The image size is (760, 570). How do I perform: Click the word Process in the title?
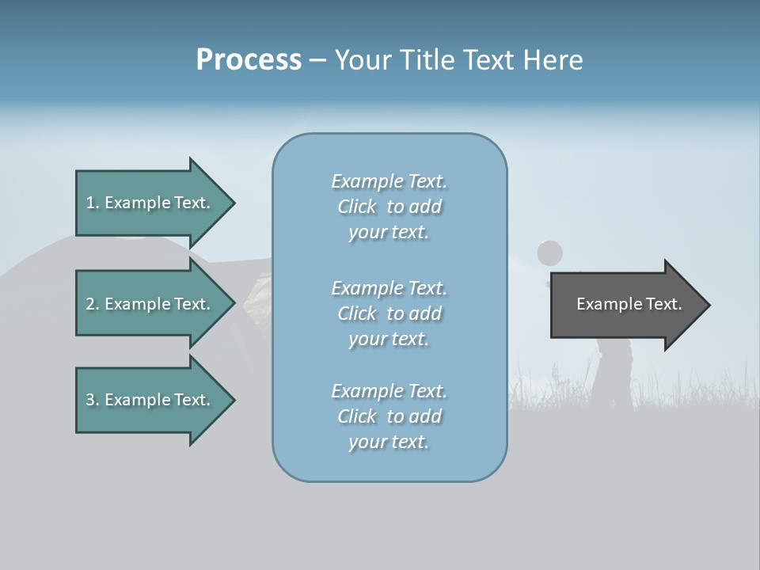coord(249,60)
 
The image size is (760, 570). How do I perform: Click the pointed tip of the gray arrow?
coord(707,305)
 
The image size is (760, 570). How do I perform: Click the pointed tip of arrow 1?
coord(232,203)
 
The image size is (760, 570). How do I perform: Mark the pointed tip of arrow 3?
coord(232,400)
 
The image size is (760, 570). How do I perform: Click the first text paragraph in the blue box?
coord(389,207)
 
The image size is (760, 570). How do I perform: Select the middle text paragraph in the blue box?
coord(389,313)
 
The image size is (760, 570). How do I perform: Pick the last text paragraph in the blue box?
coord(389,416)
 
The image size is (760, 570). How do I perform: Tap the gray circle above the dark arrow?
coord(549,253)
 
